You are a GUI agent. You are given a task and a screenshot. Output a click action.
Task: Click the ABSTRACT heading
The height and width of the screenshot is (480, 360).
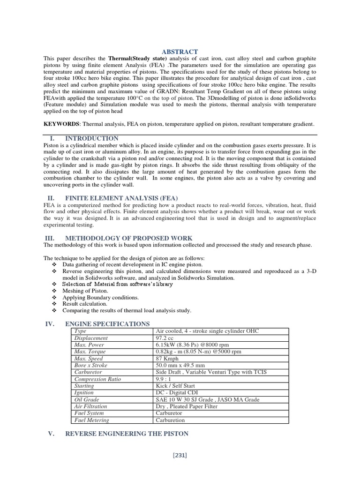coord(180,52)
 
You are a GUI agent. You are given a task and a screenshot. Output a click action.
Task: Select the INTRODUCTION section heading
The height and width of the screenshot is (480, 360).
coord(91,139)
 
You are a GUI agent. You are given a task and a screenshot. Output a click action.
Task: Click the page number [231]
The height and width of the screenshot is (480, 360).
coord(180,455)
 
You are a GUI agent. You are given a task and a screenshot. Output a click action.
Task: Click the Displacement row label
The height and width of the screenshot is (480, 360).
coord(91,338)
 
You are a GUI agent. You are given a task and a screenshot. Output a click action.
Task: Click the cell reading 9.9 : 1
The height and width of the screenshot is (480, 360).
coord(165,379)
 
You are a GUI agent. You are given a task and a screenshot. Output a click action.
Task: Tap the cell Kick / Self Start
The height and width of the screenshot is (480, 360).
coord(175,386)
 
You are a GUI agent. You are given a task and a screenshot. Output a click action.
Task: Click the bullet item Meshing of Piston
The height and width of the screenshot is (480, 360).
coord(87,291)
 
